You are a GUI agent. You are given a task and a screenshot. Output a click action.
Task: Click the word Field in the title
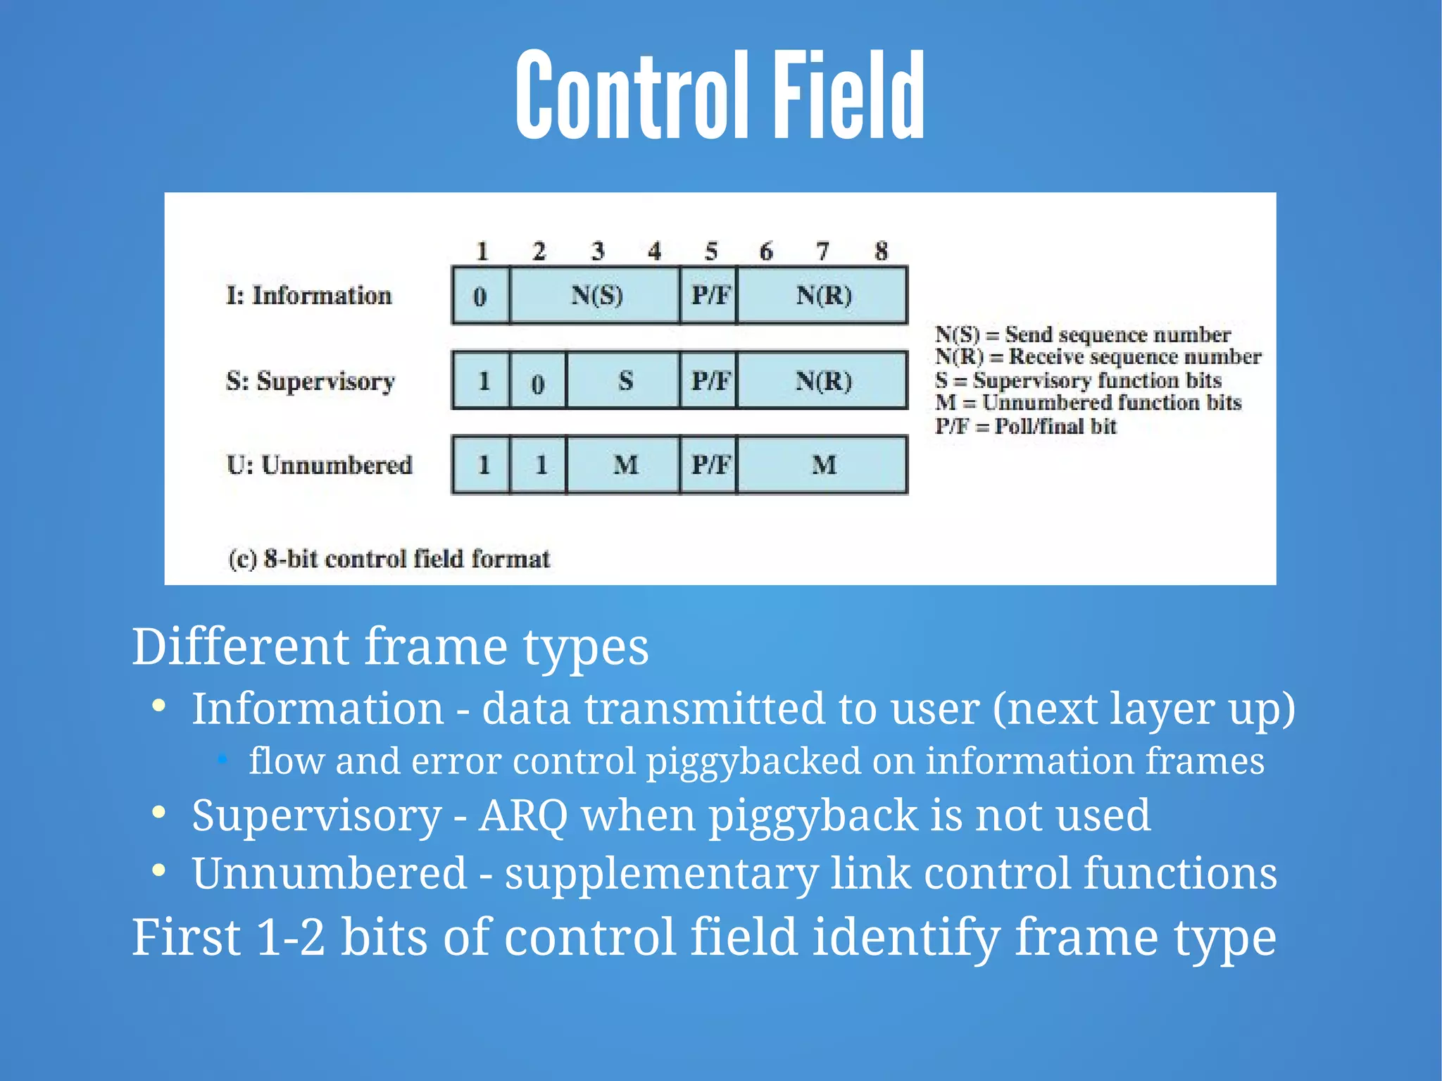(848, 95)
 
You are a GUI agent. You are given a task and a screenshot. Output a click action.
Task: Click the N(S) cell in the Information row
(595, 295)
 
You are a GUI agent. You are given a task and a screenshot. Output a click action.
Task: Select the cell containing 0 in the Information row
(480, 296)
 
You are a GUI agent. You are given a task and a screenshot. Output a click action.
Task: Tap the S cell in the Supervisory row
(624, 381)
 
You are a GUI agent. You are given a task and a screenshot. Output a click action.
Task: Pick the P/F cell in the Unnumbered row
(709, 465)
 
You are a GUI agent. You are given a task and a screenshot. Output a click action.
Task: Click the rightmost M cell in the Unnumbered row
(822, 465)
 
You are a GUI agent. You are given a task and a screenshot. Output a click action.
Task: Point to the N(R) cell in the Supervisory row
(822, 381)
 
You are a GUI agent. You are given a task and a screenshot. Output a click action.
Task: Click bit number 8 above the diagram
(881, 251)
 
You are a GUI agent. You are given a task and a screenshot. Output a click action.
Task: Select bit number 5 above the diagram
(710, 251)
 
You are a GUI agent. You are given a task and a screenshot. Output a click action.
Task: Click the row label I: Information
(308, 295)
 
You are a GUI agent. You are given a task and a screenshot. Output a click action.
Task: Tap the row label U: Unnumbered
(319, 465)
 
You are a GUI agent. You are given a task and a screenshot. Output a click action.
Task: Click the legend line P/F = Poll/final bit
(1025, 426)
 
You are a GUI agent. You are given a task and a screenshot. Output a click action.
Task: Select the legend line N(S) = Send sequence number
(1082, 334)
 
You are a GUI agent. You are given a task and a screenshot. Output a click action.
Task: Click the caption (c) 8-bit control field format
(389, 559)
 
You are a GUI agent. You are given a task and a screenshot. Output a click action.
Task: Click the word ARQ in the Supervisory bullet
(522, 816)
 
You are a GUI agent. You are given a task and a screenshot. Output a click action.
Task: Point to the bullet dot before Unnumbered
(159, 870)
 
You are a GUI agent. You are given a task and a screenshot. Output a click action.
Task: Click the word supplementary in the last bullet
(661, 873)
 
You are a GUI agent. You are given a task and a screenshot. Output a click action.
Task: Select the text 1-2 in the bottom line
(291, 937)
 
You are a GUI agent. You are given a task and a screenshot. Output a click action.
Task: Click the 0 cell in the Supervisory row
(537, 382)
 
